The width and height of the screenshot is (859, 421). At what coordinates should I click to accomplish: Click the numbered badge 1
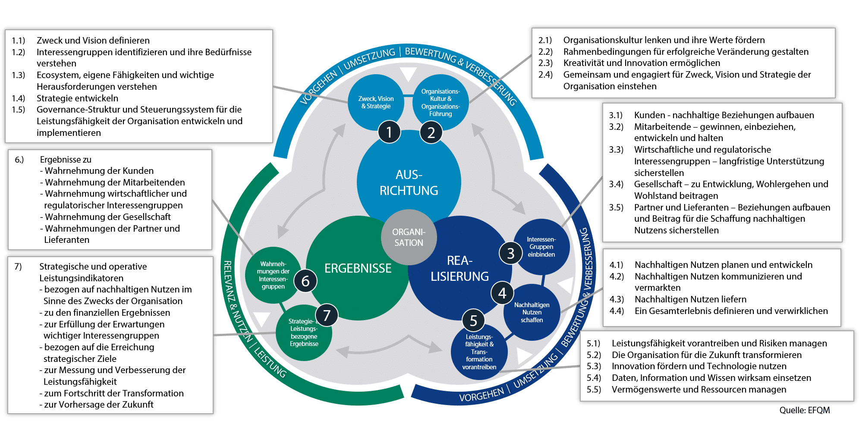click(389, 132)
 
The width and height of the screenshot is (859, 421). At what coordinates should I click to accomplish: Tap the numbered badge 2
click(431, 132)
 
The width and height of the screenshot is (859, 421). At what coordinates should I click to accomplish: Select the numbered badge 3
click(511, 253)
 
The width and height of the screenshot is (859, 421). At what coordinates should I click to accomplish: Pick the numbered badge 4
click(502, 293)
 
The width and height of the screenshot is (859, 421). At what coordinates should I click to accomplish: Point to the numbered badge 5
click(473, 320)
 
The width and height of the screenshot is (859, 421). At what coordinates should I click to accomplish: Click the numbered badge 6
click(305, 281)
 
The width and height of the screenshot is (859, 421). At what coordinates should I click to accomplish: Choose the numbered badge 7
click(327, 315)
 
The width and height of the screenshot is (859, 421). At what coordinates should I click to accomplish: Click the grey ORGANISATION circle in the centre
click(409, 237)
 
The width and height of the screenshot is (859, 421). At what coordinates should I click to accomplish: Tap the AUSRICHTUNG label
click(409, 182)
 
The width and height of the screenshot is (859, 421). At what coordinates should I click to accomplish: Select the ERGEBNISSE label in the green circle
click(358, 268)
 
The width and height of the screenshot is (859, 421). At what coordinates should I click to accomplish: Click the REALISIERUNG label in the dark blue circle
click(459, 268)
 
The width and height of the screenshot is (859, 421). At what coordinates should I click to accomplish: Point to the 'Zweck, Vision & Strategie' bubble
click(376, 102)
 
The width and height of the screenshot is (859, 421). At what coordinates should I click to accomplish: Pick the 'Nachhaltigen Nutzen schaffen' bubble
click(532, 312)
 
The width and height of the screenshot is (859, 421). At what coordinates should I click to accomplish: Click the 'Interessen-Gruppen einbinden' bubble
click(541, 247)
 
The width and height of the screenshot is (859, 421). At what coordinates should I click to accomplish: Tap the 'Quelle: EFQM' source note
click(804, 410)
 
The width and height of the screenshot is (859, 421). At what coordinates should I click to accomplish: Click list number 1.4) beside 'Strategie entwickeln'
click(19, 98)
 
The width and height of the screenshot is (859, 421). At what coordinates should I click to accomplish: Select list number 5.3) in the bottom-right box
click(594, 366)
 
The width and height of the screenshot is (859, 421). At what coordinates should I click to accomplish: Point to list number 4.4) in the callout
click(617, 311)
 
